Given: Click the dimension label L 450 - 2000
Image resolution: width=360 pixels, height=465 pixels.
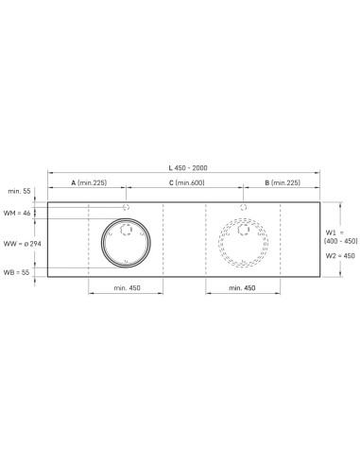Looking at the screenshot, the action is (188, 168).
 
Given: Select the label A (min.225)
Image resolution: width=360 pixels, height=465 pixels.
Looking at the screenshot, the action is (89, 182).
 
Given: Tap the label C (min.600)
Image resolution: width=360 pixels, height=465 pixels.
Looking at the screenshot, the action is (187, 182).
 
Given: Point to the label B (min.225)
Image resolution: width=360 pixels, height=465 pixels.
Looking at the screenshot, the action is (283, 182).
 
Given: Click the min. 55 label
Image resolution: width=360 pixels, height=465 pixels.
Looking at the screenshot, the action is (19, 191).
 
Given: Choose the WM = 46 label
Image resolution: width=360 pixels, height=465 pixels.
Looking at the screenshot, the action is (17, 214).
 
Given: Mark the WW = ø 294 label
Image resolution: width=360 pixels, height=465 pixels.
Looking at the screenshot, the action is (22, 244).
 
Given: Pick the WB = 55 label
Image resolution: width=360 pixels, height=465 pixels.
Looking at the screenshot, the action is (16, 272).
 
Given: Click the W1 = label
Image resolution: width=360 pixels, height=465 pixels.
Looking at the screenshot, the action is (334, 232).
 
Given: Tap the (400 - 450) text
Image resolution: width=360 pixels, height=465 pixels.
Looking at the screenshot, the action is (341, 241).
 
